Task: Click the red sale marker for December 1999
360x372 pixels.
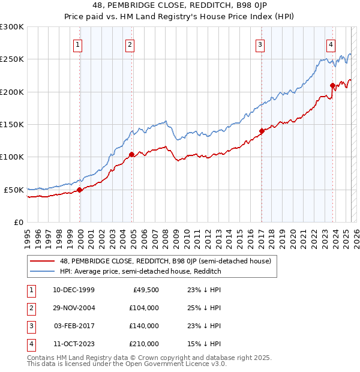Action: click(80, 190)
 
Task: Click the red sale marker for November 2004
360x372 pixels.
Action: click(132, 155)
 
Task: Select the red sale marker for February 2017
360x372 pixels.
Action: click(262, 131)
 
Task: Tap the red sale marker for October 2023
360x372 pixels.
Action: click(332, 86)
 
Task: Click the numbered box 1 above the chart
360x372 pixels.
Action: click(78, 43)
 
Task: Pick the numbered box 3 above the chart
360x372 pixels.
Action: click(260, 43)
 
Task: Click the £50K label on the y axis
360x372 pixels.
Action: click(14, 190)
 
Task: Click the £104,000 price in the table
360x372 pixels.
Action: click(144, 308)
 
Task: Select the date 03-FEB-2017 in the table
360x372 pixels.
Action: click(74, 326)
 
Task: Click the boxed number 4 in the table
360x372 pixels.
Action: click(30, 344)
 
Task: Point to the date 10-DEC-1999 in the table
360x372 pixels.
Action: click(74, 290)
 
